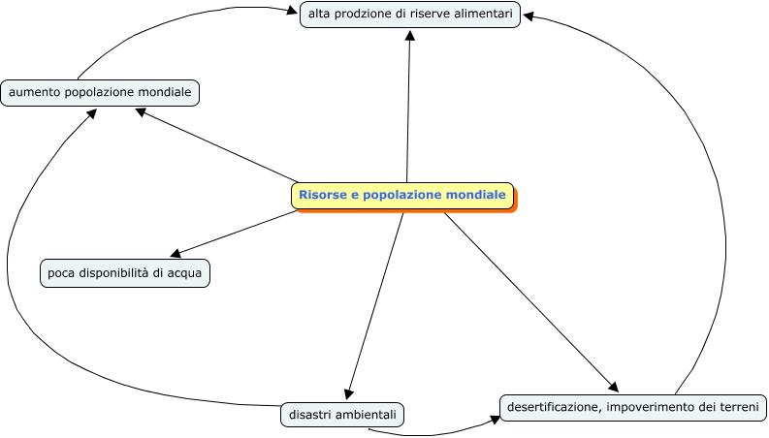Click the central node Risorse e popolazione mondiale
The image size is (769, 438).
402,196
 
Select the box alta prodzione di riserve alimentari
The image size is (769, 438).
410,15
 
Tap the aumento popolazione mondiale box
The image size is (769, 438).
100,93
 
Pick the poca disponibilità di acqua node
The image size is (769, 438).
125,273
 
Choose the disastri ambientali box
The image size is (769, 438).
342,415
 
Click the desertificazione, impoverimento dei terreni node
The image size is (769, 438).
633,407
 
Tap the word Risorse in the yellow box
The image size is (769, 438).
320,195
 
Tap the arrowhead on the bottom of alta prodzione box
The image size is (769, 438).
410,34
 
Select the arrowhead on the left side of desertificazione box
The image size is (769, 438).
493,420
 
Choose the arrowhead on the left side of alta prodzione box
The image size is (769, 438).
293,13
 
